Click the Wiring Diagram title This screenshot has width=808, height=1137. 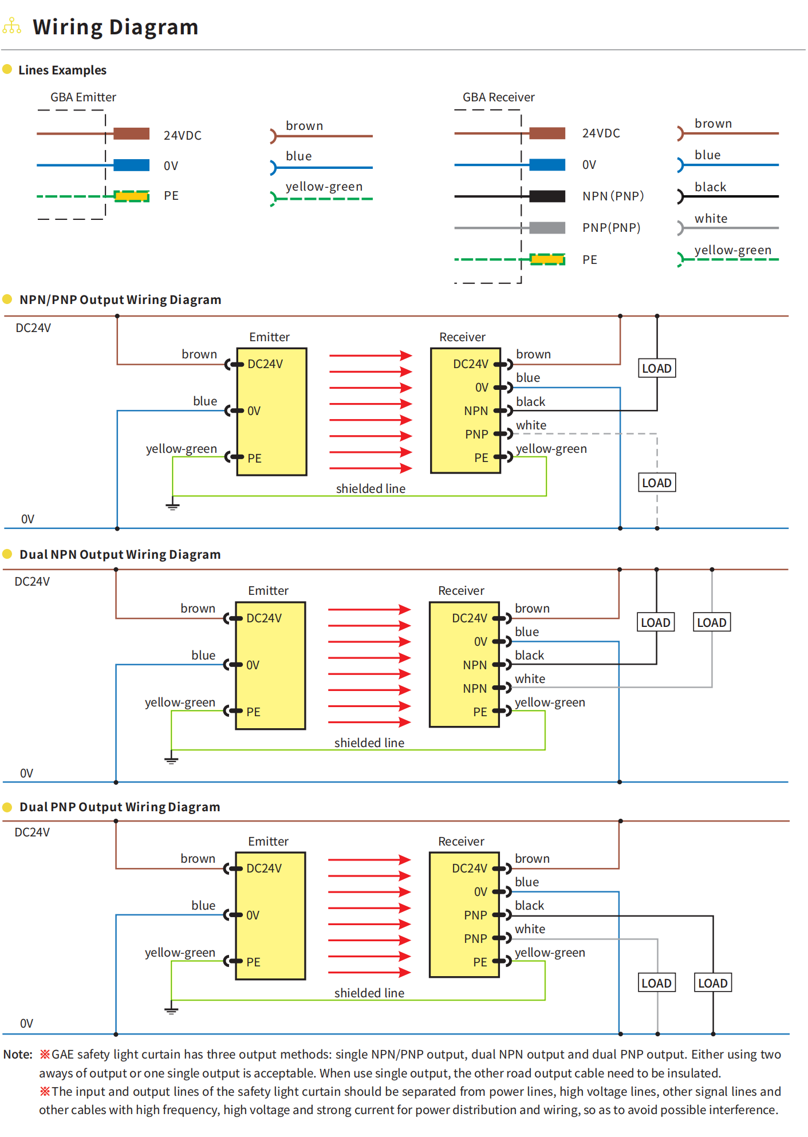pyautogui.click(x=115, y=27)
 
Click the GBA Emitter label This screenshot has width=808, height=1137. pyautogui.click(x=83, y=97)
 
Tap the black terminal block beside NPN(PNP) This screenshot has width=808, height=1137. pyautogui.click(x=547, y=196)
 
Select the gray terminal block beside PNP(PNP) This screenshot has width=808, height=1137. pyautogui.click(x=547, y=228)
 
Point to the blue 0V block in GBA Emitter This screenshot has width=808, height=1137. pyautogui.click(x=131, y=165)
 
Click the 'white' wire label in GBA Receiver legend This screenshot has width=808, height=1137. pyautogui.click(x=711, y=219)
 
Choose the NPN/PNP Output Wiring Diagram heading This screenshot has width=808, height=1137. pyautogui.click(x=120, y=300)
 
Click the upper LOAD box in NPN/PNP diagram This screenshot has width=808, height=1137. pyautogui.click(x=656, y=368)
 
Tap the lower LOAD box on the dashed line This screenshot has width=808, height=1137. pyautogui.click(x=656, y=483)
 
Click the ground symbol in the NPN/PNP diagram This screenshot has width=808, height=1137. pyautogui.click(x=172, y=506)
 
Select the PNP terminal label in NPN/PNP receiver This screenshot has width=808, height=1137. pyautogui.click(x=476, y=435)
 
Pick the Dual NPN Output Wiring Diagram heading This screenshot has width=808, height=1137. pyautogui.click(x=120, y=555)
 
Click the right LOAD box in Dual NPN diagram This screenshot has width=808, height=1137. pyautogui.click(x=711, y=622)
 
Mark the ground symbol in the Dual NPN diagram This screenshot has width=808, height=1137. pyautogui.click(x=171, y=760)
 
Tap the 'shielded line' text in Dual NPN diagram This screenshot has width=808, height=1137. pyautogui.click(x=369, y=743)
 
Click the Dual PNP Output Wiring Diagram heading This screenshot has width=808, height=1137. pyautogui.click(x=120, y=807)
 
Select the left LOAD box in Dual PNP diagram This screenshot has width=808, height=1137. pyautogui.click(x=656, y=983)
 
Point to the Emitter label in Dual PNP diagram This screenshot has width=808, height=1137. pyautogui.click(x=268, y=842)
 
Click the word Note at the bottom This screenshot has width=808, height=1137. pyautogui.click(x=17, y=1055)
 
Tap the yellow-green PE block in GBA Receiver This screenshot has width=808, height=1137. pyautogui.click(x=547, y=260)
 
